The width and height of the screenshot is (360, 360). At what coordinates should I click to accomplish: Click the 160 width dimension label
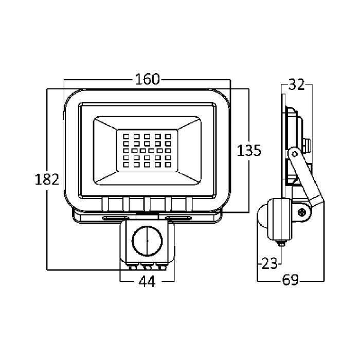pyautogui.click(x=147, y=80)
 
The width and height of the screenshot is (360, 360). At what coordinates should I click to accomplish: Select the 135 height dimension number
pyautogui.click(x=249, y=150)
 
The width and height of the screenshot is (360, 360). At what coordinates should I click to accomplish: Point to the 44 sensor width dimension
pyautogui.click(x=147, y=281)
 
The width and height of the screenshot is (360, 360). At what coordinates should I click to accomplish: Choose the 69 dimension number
pyautogui.click(x=291, y=280)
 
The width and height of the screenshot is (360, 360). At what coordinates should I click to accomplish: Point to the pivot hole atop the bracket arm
pyautogui.click(x=294, y=153)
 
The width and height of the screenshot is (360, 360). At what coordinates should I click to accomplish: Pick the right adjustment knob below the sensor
pyautogui.click(x=159, y=266)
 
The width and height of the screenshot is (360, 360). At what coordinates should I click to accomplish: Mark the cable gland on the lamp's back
pyautogui.click(x=308, y=143)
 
